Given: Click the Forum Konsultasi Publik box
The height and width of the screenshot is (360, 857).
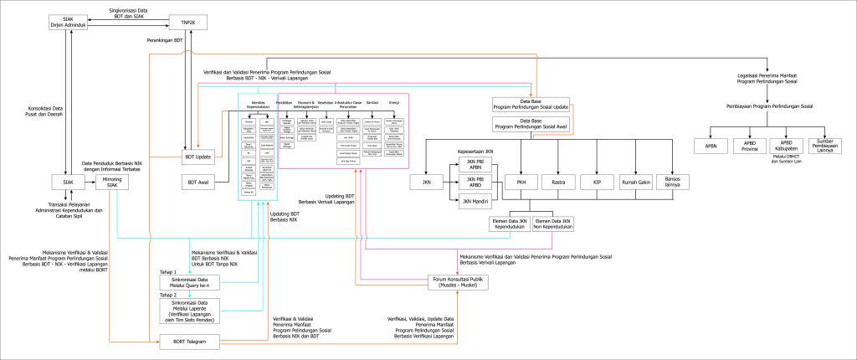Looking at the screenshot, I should point(459,282).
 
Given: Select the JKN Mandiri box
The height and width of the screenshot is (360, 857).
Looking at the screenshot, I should point(475,202).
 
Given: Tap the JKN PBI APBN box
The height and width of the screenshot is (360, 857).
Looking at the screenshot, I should point(475,165).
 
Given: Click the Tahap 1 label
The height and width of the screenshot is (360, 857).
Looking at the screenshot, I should point(168,272).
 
